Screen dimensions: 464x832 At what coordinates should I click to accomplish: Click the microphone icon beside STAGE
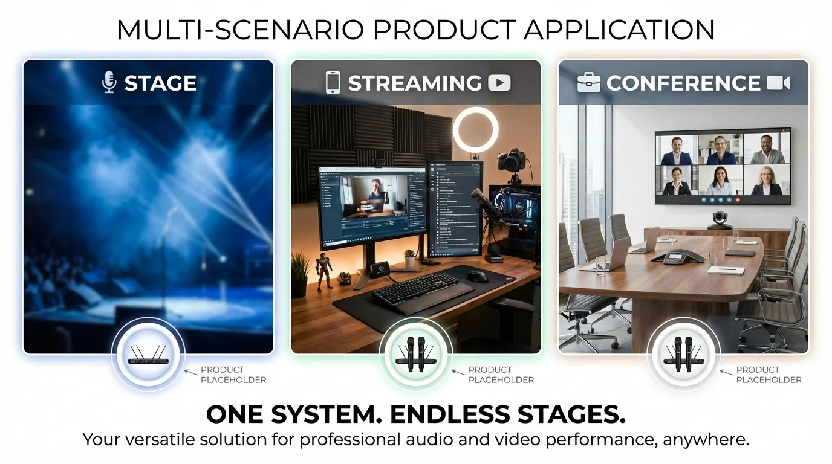click(109, 83)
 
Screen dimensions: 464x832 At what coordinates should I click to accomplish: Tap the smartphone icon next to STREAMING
click(333, 83)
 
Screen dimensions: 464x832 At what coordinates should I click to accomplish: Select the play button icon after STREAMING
click(499, 83)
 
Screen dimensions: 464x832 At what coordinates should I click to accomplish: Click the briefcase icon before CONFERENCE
click(588, 83)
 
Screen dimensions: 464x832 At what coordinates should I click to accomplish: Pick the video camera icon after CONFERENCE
click(778, 83)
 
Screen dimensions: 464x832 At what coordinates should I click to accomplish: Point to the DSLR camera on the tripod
click(512, 161)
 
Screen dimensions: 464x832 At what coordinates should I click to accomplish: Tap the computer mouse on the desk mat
click(477, 276)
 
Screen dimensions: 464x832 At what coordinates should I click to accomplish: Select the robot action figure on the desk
click(324, 271)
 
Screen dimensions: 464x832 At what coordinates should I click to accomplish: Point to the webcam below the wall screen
click(720, 220)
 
